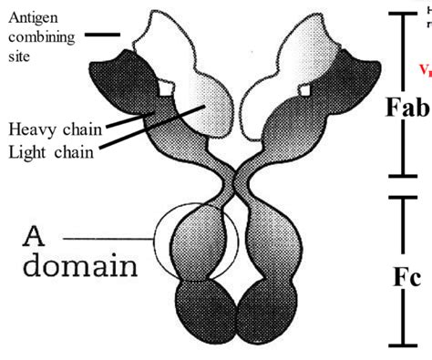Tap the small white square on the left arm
pos(164,89)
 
